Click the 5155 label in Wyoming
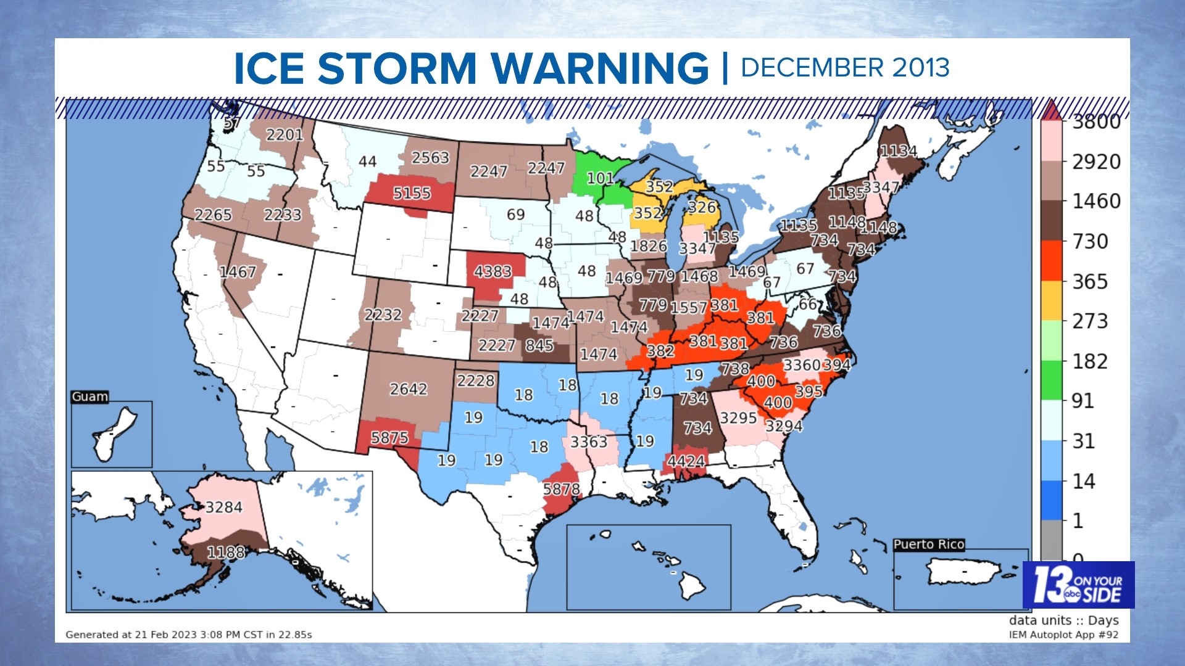click(412, 193)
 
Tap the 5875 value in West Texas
click(389, 438)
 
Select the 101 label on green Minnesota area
click(600, 178)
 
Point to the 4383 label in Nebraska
click(493, 271)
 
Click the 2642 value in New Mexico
click(408, 389)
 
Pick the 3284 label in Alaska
click(223, 508)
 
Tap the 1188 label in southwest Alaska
click(225, 552)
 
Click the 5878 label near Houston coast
click(561, 489)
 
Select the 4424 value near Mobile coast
click(686, 461)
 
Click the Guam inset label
click(90, 397)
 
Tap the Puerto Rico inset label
click(929, 544)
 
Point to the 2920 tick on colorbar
click(1096, 162)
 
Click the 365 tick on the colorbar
click(1090, 282)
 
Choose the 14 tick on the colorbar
click(1083, 481)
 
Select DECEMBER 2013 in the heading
click(844, 68)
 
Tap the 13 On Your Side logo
click(1078, 585)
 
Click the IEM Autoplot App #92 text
click(1063, 635)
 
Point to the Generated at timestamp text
click(189, 635)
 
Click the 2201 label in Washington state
click(285, 134)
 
